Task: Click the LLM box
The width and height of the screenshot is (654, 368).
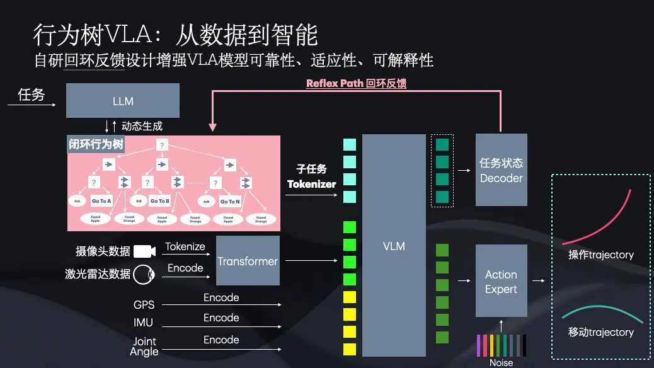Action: tap(123, 101)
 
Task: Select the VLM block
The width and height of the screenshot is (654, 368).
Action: tap(394, 245)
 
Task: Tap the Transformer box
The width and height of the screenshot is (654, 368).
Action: tap(248, 261)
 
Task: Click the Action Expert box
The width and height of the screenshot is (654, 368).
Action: tap(501, 282)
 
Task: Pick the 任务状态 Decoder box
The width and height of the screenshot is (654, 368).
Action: tap(501, 170)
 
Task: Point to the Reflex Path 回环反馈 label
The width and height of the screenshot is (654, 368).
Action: tap(356, 83)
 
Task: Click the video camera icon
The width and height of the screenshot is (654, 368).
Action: tap(144, 251)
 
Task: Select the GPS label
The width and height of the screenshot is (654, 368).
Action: tap(144, 305)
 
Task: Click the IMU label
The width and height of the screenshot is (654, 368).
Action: tap(144, 323)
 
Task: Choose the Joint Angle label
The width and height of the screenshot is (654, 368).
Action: tap(144, 346)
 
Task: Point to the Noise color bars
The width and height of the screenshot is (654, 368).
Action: tap(502, 345)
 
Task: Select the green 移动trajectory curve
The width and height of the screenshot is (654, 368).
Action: tap(599, 311)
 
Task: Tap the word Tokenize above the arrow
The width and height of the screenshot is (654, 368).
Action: tap(185, 246)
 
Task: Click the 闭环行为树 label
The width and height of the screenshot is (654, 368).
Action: tap(96, 144)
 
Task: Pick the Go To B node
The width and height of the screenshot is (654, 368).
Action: tap(160, 201)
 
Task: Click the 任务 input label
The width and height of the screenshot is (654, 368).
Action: tap(31, 95)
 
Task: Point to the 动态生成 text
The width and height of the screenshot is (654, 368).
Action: tap(142, 126)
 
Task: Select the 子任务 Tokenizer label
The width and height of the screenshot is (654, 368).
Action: tap(312, 176)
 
